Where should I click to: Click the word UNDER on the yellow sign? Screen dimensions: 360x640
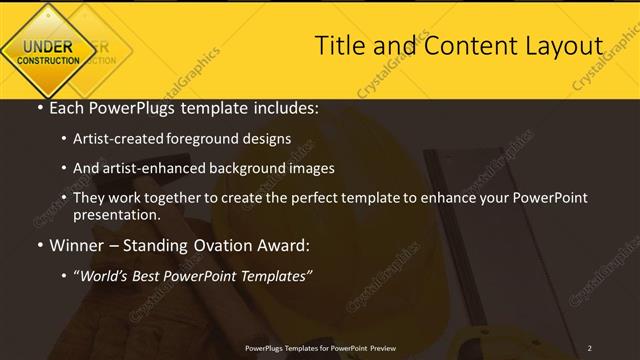(x=47, y=45)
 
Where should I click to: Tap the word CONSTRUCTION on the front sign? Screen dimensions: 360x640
(x=47, y=60)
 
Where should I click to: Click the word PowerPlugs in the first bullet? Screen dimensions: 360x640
(x=123, y=107)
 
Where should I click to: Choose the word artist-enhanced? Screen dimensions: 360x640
(x=161, y=168)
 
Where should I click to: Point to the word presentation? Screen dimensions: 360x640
(x=116, y=215)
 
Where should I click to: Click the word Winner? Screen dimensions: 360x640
(x=78, y=245)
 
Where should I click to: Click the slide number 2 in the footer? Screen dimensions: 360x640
(x=591, y=349)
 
